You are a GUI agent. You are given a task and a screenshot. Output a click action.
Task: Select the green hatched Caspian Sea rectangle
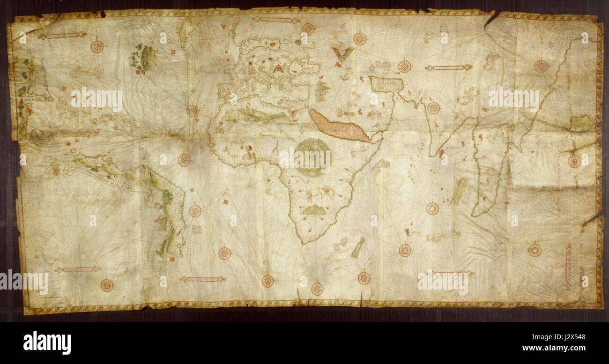[386, 84]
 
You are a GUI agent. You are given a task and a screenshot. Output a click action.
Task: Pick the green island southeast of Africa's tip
[358, 247]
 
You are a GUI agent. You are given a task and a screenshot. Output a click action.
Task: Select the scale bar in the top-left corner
[62, 36]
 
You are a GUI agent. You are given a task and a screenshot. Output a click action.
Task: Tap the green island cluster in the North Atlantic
[143, 58]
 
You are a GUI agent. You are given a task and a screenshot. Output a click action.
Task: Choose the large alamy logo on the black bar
[47, 342]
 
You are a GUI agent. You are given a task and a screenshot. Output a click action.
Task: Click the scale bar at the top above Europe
[276, 20]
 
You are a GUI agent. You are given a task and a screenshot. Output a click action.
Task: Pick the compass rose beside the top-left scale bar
[97, 46]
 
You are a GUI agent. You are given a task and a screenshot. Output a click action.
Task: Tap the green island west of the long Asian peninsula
[459, 190]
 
